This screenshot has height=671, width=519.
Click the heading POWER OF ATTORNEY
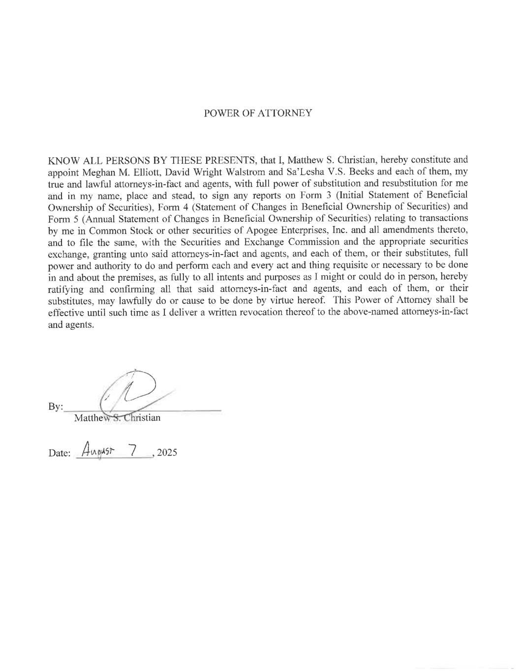(258, 113)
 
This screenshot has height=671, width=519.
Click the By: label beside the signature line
(56, 407)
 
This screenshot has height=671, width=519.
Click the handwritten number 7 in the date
(131, 449)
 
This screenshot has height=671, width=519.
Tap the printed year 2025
(167, 453)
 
